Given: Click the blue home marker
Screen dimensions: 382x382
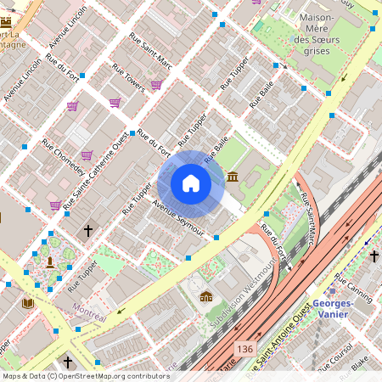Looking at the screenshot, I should coord(191,183).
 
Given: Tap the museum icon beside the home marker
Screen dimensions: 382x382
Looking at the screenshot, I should coord(233,177).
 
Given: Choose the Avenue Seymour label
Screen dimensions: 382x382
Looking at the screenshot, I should coord(178,217).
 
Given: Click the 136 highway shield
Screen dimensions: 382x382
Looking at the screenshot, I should coord(246,349).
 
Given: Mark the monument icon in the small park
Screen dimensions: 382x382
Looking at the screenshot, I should coord(50,261).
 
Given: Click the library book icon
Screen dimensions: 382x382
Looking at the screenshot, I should coord(28,303).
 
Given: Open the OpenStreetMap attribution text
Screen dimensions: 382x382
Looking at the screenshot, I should coord(85,376).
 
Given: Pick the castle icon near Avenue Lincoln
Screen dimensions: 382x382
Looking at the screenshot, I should coord(205,296).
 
